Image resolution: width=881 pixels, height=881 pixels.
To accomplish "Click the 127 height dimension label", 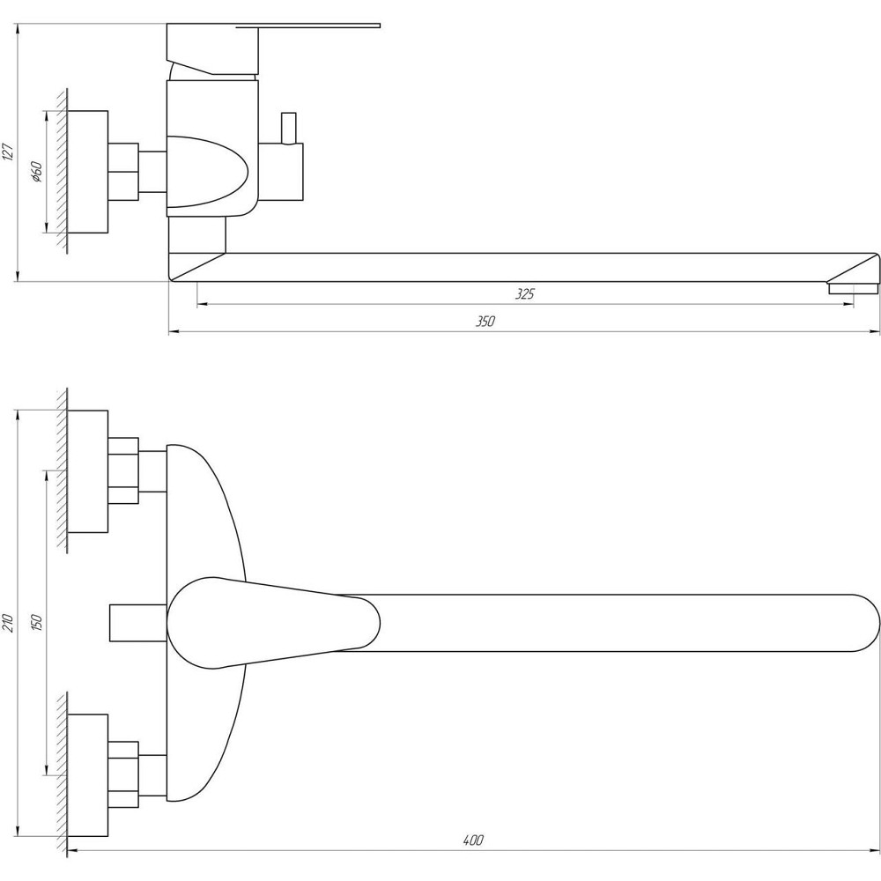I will (8, 152).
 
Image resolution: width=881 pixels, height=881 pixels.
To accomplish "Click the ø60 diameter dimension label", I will (36, 172).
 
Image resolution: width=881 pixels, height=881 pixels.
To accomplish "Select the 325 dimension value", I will (524, 295).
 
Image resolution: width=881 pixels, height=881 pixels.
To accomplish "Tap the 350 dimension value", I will (485, 322).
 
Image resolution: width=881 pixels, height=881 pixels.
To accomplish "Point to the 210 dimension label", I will (8, 624).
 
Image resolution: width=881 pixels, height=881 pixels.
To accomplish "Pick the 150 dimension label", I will (36, 622).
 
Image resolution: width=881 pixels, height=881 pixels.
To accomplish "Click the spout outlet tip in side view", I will (852, 287).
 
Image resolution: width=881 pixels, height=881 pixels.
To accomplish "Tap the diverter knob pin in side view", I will (287, 127).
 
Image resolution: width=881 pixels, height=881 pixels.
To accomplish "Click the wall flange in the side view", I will (87, 172).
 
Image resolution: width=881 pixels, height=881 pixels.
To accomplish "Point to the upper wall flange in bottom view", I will (87, 471).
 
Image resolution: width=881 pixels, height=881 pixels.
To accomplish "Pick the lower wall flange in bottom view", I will (87, 775).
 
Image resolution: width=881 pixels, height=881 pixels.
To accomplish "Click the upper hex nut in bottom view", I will (123, 471).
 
